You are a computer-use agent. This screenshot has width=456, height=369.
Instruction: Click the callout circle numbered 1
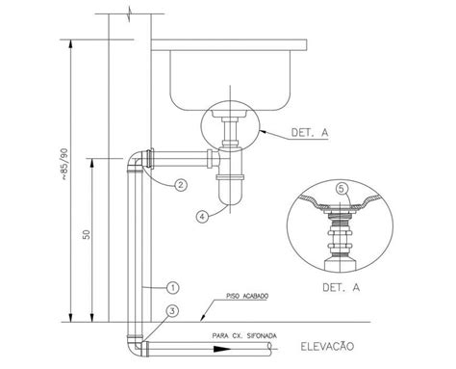coord(173,287)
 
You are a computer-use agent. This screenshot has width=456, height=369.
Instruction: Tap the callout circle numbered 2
coord(181,185)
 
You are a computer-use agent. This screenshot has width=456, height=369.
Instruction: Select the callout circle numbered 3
coord(173,311)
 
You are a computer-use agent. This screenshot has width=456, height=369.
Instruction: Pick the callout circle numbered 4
coord(202,217)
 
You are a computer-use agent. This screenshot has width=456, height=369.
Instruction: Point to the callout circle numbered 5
coord(342,189)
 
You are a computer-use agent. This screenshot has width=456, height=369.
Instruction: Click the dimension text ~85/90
coord(64,164)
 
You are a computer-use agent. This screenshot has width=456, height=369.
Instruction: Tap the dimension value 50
coord(87,234)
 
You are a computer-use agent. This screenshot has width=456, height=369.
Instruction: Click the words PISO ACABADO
coord(247,296)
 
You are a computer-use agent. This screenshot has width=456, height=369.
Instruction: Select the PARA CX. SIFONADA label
coord(244,336)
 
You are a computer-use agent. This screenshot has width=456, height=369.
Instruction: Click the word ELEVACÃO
coord(327,347)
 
